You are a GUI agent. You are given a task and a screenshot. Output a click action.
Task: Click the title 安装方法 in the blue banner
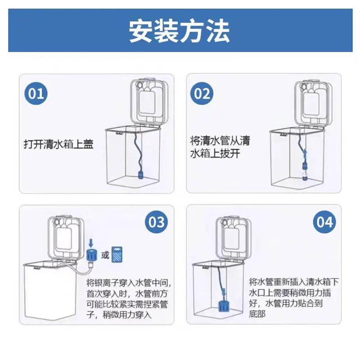179,31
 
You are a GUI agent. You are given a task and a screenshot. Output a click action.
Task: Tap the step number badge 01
36,94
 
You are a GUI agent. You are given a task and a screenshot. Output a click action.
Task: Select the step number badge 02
202,94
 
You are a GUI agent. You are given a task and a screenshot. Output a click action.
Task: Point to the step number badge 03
156,222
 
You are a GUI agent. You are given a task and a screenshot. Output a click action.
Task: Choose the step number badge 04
324,222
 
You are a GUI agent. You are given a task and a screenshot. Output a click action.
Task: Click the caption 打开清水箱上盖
58,144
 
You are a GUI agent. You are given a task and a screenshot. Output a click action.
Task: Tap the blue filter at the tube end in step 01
140,175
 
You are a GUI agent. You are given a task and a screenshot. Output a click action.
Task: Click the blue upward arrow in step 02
305,154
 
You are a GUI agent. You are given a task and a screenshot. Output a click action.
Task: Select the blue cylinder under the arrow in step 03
92,255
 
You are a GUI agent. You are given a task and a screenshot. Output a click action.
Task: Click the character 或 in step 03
105,255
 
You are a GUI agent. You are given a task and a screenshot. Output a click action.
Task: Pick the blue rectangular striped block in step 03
117,254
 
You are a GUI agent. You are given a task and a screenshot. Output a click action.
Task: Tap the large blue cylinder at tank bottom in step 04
223,305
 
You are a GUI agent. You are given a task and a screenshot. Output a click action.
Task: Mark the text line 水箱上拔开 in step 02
215,153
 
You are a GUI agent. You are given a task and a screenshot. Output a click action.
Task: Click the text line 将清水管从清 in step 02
220,140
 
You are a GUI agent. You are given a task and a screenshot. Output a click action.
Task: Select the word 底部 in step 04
257,314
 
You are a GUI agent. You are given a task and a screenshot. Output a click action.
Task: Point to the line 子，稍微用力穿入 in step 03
119,314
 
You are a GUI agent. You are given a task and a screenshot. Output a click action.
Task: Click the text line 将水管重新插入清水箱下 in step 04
294,282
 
